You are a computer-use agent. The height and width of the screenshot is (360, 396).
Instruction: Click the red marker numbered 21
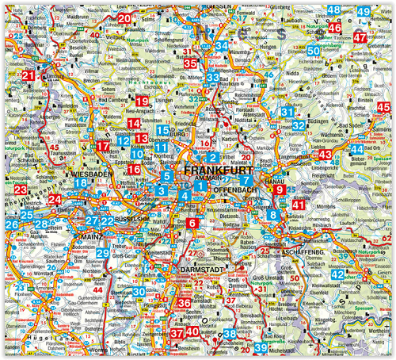[29, 77]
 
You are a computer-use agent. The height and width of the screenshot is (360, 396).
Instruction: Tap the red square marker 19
[142, 101]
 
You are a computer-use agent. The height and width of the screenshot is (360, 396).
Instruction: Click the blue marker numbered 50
[314, 51]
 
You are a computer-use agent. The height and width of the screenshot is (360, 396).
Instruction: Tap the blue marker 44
[358, 149]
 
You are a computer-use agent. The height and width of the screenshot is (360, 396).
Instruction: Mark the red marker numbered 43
[326, 154]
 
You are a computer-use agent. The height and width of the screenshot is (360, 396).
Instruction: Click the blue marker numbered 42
[337, 274]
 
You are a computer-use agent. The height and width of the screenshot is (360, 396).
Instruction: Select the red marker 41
[298, 205]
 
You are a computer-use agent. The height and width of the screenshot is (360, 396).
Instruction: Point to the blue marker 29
[103, 253]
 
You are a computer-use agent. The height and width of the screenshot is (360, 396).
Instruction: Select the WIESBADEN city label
[89, 173]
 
